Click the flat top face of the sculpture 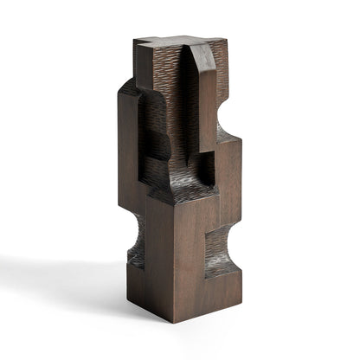click(173, 41)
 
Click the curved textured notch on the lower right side click(223, 243)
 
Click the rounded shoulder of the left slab click(128, 87)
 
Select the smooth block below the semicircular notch click(228, 169)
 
